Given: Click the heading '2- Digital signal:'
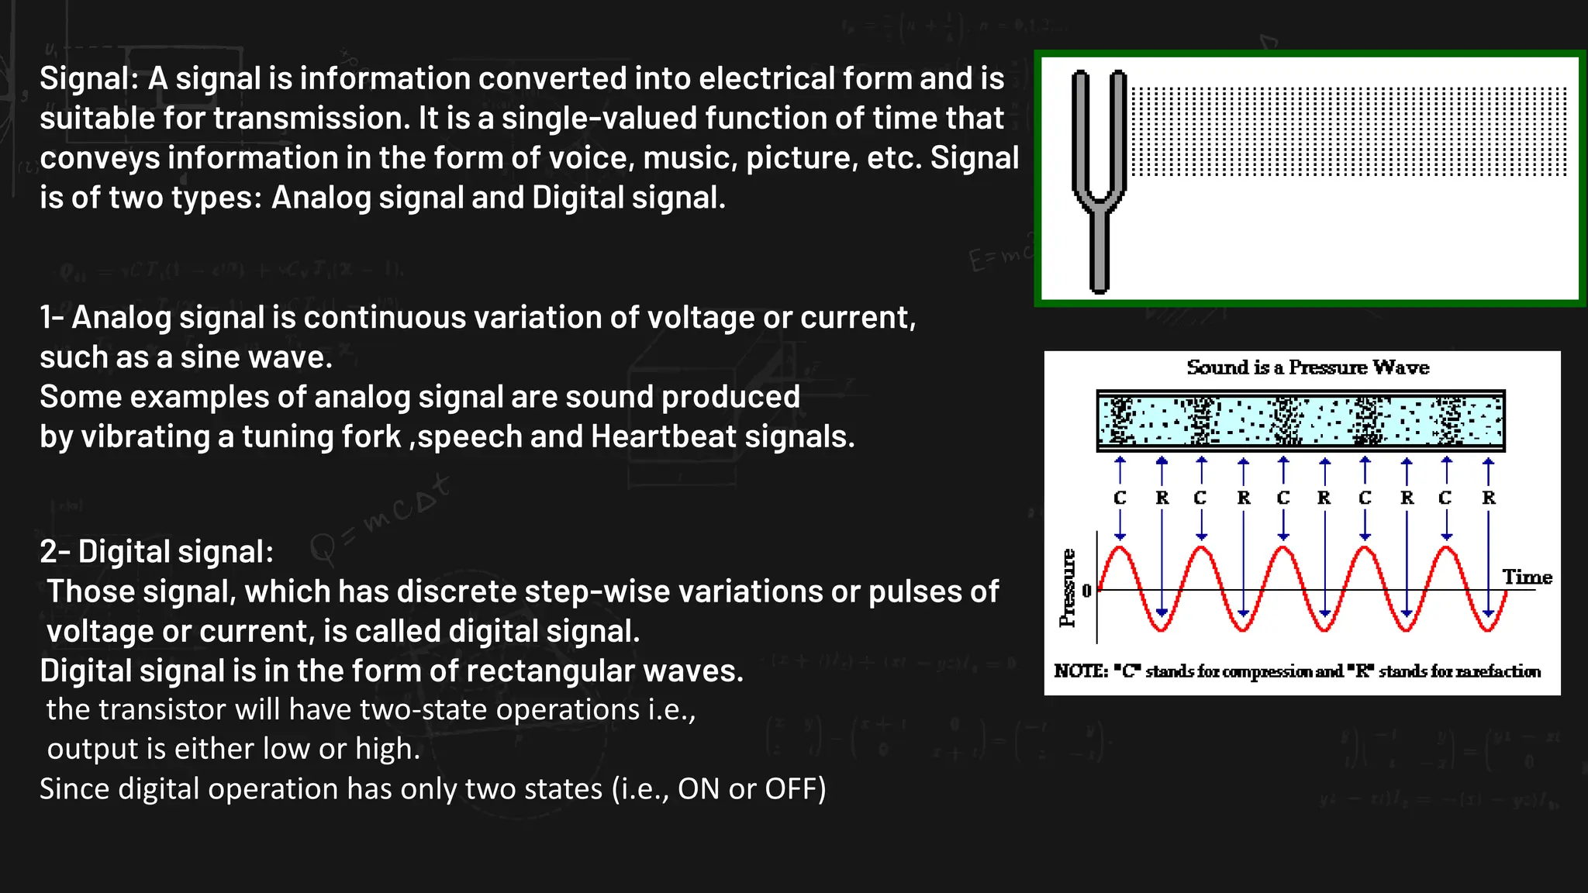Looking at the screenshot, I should (157, 552).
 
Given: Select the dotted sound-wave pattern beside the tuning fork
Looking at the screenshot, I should (1349, 132).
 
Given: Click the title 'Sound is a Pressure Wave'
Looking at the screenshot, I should (1307, 367).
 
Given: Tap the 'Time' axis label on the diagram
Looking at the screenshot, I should (1527, 578).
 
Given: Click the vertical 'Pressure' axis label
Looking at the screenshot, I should (1068, 588).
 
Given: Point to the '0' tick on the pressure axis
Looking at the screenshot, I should (1086, 591).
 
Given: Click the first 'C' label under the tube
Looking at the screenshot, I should (1120, 498).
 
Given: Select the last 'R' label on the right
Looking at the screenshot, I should (1489, 498).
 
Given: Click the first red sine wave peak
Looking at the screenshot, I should (1120, 550).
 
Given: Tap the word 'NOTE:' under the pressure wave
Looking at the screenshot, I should (1081, 671).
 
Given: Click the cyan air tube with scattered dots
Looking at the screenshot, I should (1300, 421).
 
